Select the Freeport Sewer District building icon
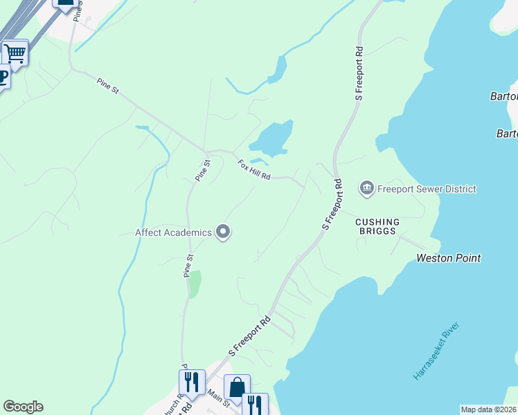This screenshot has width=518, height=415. [367, 187]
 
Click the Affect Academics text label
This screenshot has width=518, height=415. [173, 232]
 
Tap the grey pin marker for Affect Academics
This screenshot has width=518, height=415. [222, 233]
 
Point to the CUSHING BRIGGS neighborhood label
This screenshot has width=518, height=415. [377, 227]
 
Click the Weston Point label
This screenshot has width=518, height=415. [448, 258]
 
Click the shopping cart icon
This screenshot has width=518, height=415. [15, 53]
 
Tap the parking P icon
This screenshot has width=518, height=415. [3, 76]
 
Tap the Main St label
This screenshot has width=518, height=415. [217, 398]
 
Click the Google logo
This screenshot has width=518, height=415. [23, 407]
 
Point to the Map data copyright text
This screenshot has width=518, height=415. [488, 409]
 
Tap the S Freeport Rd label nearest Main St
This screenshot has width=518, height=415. [249, 338]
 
